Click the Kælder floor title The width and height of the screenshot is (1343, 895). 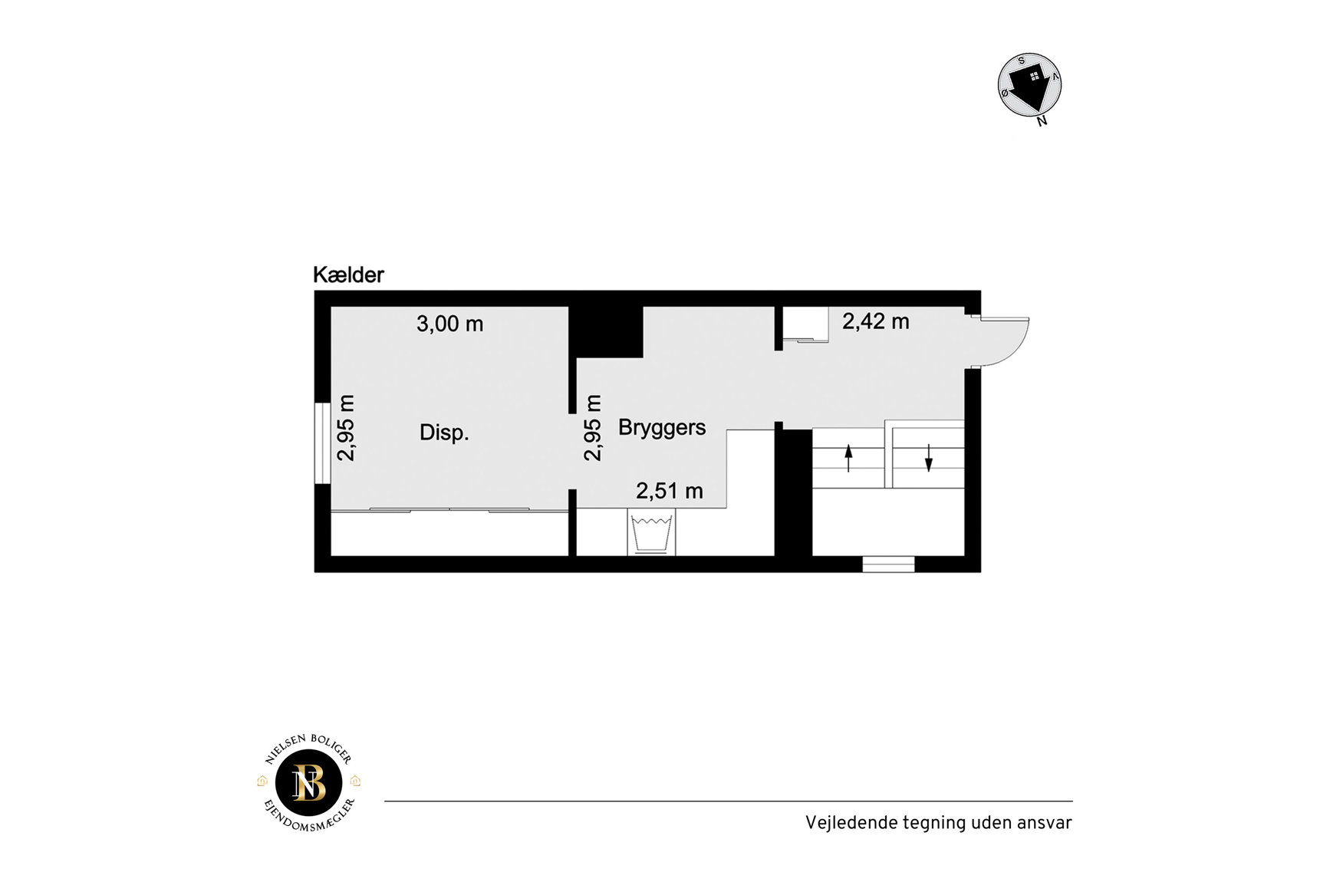click(x=348, y=275)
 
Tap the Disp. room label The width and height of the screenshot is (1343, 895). click(x=444, y=433)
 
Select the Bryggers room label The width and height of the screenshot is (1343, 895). click(x=662, y=428)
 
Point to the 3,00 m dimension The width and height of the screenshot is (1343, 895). click(x=449, y=324)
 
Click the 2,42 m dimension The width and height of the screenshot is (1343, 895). click(x=876, y=321)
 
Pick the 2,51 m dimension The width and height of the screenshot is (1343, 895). click(x=670, y=491)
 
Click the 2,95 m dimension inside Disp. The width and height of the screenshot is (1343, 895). click(x=346, y=427)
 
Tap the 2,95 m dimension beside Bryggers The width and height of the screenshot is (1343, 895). click(x=593, y=427)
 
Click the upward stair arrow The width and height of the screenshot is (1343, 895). click(x=848, y=458)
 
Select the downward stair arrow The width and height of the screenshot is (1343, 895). click(x=928, y=458)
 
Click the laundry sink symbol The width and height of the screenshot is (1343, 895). click(x=651, y=532)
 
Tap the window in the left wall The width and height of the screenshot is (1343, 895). click(x=322, y=443)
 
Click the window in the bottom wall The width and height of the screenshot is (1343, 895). click(x=888, y=564)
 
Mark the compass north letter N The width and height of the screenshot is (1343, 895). click(x=1042, y=120)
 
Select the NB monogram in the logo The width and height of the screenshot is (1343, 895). click(x=309, y=783)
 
